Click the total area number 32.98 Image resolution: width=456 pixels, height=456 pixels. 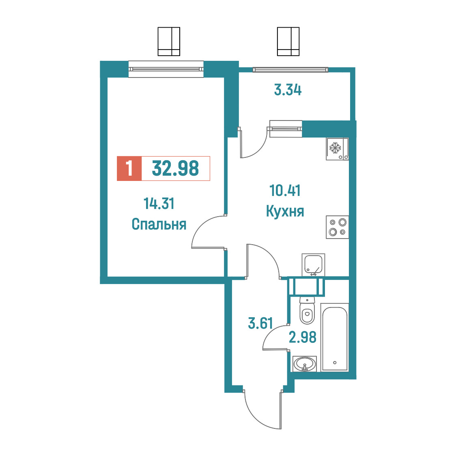[x=175, y=168]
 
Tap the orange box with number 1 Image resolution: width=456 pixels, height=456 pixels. [x=129, y=168]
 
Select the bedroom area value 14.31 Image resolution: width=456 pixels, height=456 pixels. [x=159, y=204]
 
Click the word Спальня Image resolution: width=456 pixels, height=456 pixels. [x=159, y=224]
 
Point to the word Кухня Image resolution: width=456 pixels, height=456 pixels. [x=285, y=211]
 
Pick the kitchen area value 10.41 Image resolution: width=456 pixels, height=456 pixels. [x=285, y=191]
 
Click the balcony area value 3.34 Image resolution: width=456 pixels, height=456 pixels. [x=288, y=90]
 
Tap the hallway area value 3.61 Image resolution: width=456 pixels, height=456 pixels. [x=260, y=323]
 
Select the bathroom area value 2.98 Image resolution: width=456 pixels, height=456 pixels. [x=303, y=338]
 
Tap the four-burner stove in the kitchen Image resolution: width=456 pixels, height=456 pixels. [x=338, y=227]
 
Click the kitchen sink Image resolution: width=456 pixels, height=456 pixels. [x=313, y=265]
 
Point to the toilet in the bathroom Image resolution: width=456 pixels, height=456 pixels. [x=307, y=310]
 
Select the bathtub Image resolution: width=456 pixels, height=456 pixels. [x=334, y=337]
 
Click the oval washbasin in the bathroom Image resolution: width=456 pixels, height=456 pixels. [x=305, y=364]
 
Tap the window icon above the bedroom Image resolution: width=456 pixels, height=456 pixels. [x=169, y=41]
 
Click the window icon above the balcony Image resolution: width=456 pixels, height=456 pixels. [x=288, y=41]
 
